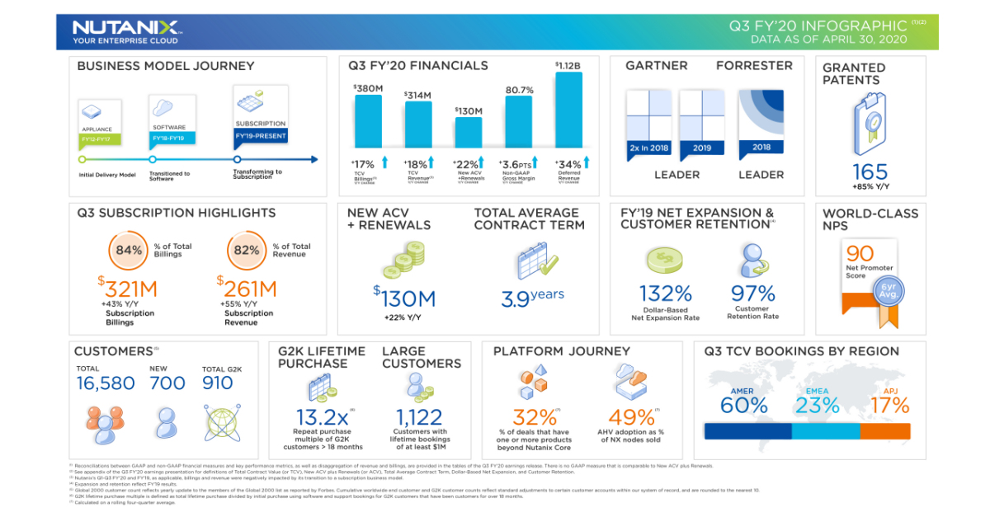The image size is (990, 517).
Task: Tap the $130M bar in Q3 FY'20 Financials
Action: pos(469,131)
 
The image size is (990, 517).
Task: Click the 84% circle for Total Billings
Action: pos(128,249)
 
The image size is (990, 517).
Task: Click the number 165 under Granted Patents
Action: pos(870,172)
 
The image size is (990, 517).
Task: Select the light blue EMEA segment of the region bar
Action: pos(826,430)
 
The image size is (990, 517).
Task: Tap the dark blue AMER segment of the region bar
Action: pos(747,430)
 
